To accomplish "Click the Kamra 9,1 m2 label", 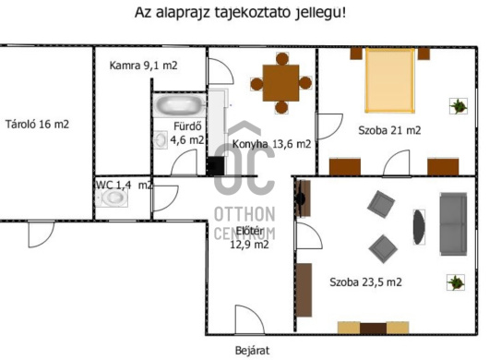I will pos(143,66).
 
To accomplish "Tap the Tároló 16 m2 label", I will pos(37,124).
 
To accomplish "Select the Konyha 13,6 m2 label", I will pos(271,144).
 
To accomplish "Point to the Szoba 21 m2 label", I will pos(388,130).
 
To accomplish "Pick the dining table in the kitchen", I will pos(280,82).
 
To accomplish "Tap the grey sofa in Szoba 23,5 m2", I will pos(452,224).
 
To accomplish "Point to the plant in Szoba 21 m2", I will pos(458,106).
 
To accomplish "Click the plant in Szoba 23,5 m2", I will pos(454,282).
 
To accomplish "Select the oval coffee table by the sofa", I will pos(420,227).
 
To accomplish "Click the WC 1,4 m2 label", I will pos(124,185).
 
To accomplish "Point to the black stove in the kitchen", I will pos(215,166).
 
